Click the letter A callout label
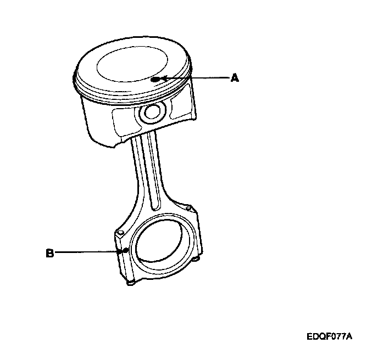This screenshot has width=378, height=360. coord(235,78)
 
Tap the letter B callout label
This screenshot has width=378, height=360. coord(49,253)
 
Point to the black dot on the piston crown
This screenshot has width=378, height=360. coord(157,79)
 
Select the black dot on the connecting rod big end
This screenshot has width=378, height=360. coord(126,251)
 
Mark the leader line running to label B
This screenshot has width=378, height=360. coord(88,252)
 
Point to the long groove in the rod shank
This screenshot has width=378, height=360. coord(147,176)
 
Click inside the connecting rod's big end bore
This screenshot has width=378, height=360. coord(163,241)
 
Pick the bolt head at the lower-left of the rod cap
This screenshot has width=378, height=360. coord(131,283)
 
